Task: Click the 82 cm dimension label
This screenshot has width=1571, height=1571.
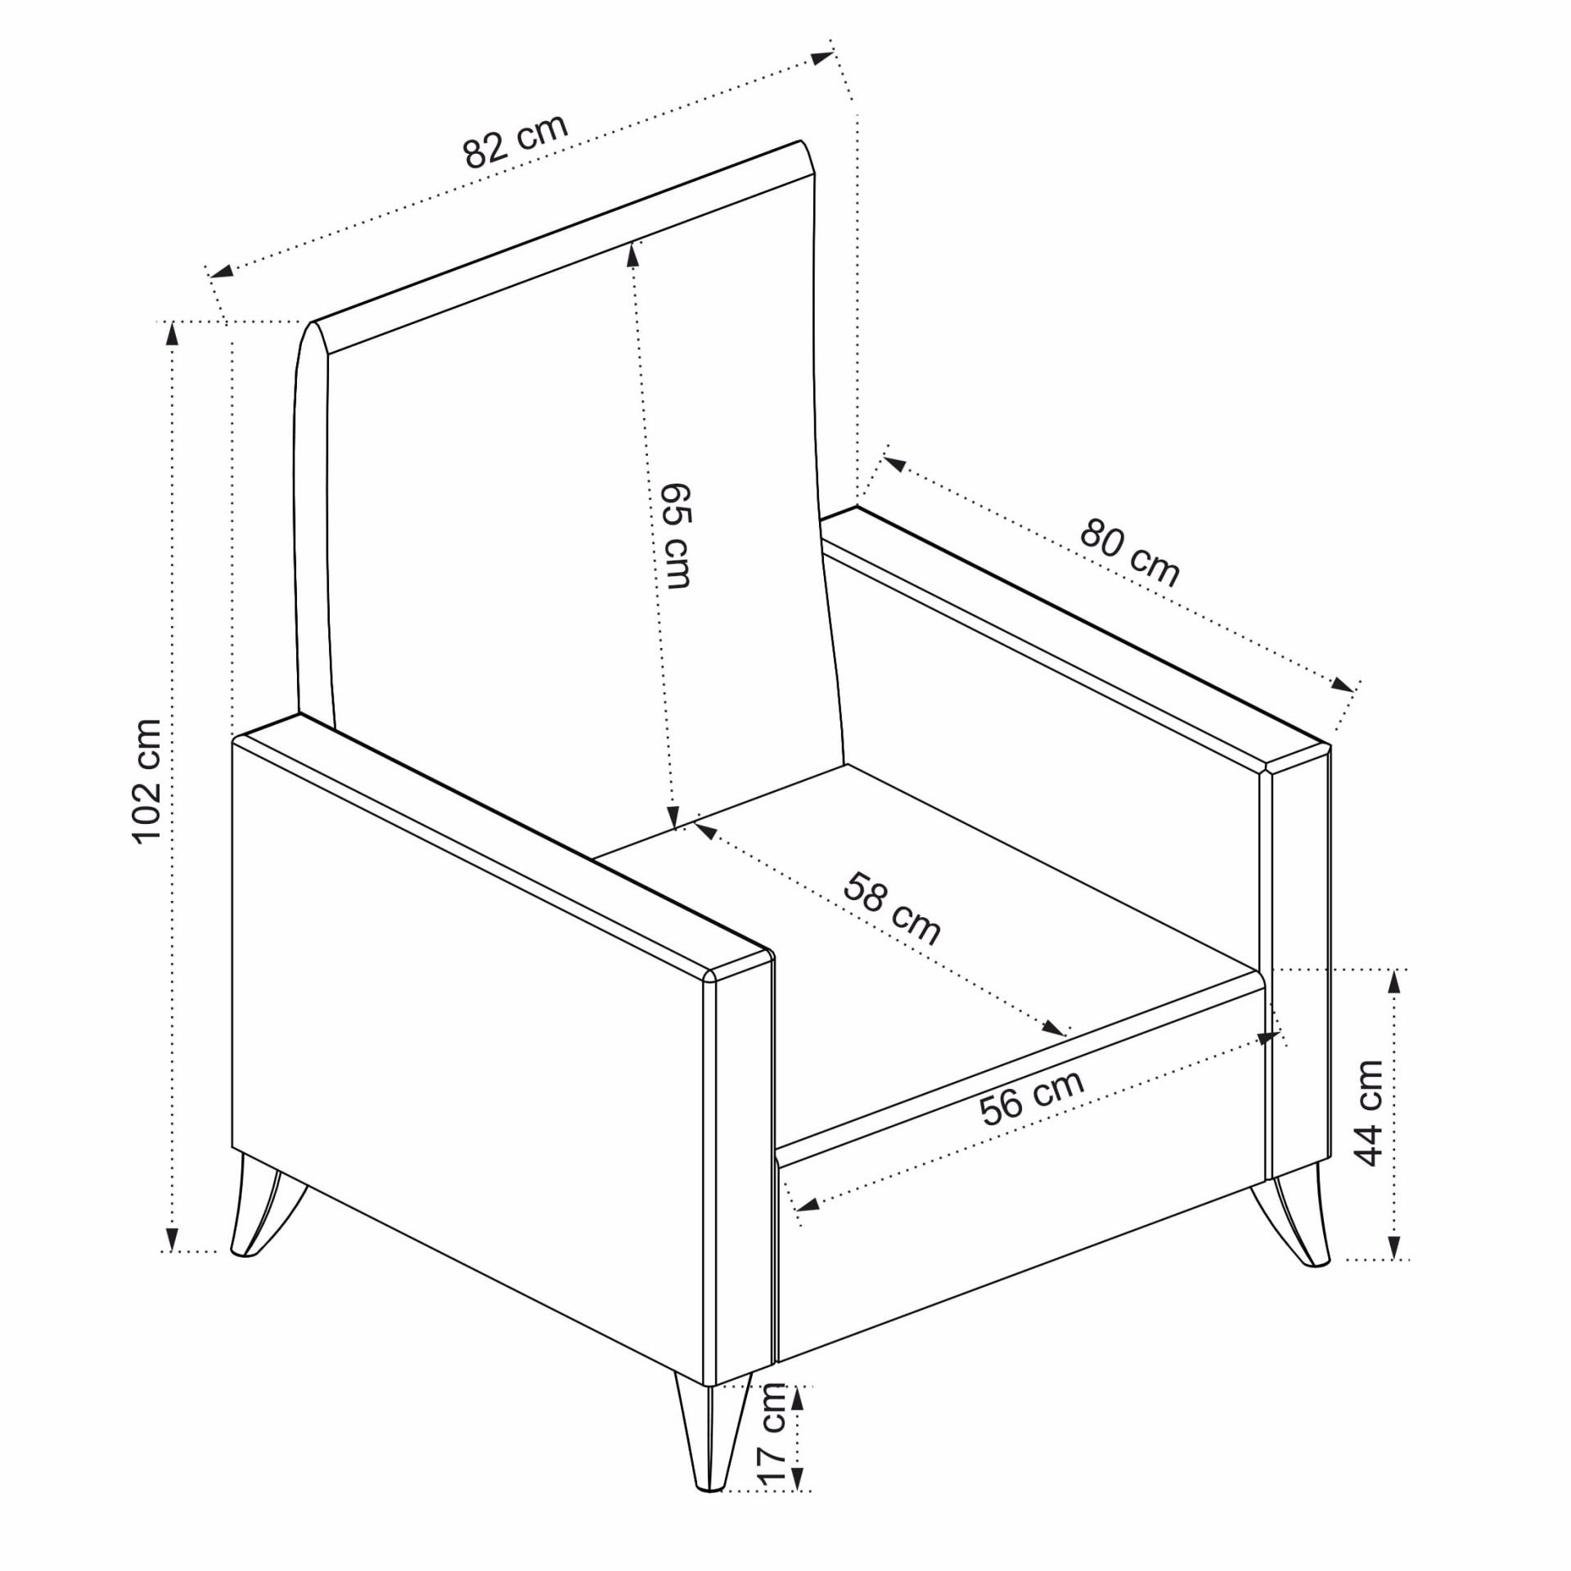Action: [x=515, y=141]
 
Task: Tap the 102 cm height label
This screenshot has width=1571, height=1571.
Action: [x=148, y=781]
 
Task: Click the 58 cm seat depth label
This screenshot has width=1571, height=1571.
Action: [x=892, y=908]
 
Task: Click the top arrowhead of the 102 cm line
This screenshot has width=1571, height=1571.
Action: [x=172, y=335]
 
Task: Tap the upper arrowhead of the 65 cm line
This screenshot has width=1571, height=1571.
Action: [x=632, y=255]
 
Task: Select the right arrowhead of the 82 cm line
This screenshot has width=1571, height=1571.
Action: [x=822, y=58]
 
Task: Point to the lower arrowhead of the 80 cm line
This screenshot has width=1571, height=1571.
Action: [x=1343, y=685]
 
